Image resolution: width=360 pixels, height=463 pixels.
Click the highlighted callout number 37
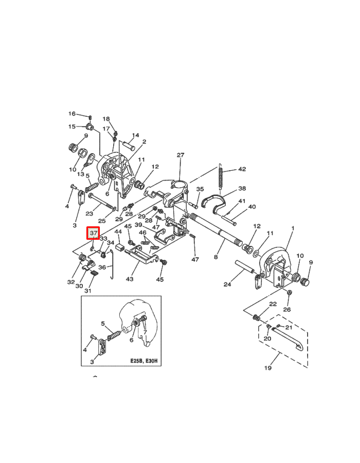coord(93,234)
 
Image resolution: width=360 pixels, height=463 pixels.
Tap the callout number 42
coord(242,169)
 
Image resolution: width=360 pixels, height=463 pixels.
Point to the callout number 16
coord(72,114)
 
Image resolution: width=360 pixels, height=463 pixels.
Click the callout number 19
coord(268,368)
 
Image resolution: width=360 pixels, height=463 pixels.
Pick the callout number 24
coord(227,284)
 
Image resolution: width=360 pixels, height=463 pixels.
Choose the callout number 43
coord(130,279)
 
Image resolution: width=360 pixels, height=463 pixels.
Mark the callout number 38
coord(242,189)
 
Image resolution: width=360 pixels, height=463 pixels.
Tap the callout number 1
coord(293,228)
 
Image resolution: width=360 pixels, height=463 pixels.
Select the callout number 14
coord(135,136)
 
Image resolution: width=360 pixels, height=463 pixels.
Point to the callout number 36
coord(102,267)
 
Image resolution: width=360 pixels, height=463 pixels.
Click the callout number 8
coord(216,256)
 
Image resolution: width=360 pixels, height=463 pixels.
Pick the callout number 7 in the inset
coord(145,332)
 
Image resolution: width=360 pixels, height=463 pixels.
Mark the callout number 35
coord(200,189)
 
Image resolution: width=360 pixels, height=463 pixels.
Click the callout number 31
coord(88,291)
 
